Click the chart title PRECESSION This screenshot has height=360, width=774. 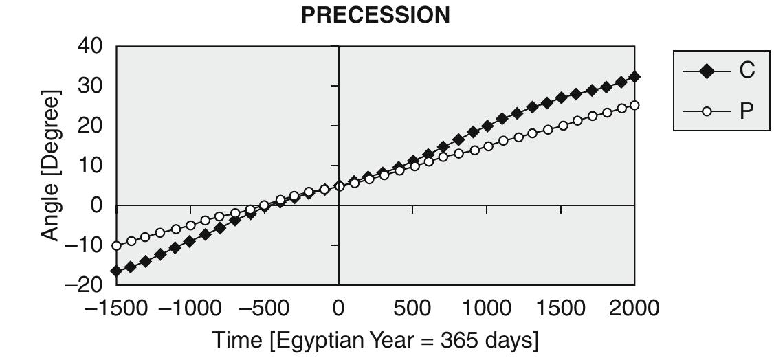pyautogui.click(x=375, y=15)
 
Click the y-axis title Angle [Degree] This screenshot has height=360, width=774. pyautogui.click(x=51, y=165)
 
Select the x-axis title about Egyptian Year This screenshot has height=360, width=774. pyautogui.click(x=375, y=340)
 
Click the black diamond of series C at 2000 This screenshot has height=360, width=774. pyautogui.click(x=634, y=77)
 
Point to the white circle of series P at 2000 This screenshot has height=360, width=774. pyautogui.click(x=634, y=105)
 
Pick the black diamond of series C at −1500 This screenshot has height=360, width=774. pyautogui.click(x=116, y=271)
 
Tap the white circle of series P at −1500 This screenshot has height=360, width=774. pyautogui.click(x=116, y=245)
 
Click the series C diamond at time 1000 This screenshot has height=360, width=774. pyautogui.click(x=487, y=126)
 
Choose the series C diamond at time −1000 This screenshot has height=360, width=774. pyautogui.click(x=190, y=241)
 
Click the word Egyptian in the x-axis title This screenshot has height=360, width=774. pyautogui.click(x=322, y=340)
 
